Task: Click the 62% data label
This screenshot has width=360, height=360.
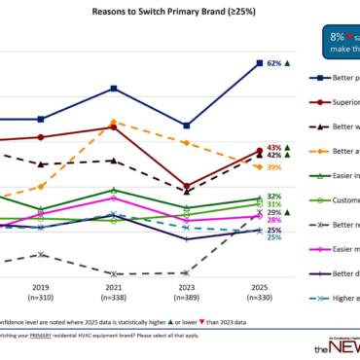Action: (273, 63)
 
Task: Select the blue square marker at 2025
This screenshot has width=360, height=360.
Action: (258, 63)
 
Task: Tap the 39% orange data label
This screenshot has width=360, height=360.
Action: (274, 167)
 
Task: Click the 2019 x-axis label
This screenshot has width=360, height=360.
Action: (41, 288)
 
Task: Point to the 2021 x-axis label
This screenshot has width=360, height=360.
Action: (114, 288)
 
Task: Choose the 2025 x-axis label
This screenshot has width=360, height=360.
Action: (258, 288)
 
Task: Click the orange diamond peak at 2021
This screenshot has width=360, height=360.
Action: (114, 123)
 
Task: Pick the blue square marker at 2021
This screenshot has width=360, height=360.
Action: (114, 89)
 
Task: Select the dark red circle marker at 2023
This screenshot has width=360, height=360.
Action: (186, 184)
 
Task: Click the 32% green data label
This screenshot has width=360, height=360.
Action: (274, 197)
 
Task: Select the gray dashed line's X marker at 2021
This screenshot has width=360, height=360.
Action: (114, 274)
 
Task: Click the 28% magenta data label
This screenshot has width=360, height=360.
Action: (274, 220)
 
